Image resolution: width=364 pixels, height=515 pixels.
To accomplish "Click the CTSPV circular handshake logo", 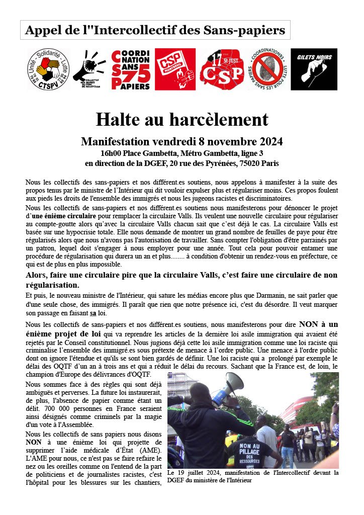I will coord(48,70).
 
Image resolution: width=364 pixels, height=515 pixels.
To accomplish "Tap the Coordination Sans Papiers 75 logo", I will coord(131,70).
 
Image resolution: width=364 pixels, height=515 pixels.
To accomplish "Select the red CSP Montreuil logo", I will coord(175,69).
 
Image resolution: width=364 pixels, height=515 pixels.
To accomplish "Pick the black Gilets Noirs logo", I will coord(314,69).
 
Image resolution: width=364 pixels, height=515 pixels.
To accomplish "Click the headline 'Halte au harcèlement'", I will coord(182,119).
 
